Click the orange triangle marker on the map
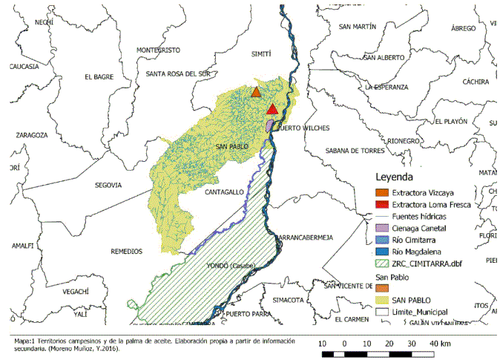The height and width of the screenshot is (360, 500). [x=256, y=92]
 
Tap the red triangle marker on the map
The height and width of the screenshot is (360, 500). [x=272, y=110]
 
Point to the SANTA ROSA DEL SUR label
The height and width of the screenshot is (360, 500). [x=178, y=73]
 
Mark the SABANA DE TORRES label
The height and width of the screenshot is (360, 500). [x=353, y=151]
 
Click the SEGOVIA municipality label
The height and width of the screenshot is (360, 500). [x=108, y=186]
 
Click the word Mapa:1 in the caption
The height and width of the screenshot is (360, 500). [x=27, y=341]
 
